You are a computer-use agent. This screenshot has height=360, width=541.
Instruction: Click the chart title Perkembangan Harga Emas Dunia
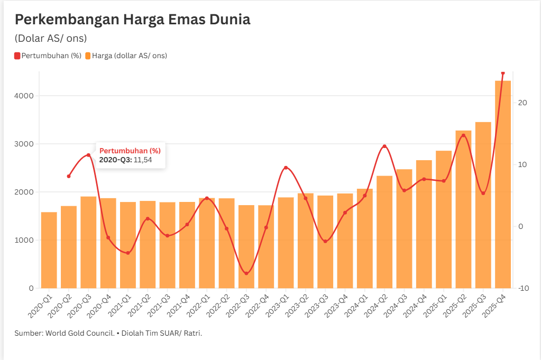pyautogui.click(x=132, y=20)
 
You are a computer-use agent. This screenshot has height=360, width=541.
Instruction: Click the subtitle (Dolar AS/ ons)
pyautogui.click(x=51, y=39)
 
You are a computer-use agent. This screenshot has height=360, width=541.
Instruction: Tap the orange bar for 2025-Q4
pyautogui.click(x=503, y=185)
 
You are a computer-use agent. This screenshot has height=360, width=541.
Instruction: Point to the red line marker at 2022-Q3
pyautogui.click(x=246, y=273)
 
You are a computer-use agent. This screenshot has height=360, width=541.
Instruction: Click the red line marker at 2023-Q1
pyautogui.click(x=286, y=168)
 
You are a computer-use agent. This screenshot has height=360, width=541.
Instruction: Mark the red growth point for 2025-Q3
pyautogui.click(x=483, y=193)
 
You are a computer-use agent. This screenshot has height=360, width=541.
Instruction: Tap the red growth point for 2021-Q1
pyautogui.click(x=128, y=253)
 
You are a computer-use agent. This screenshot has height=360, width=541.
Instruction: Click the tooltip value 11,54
pyautogui.click(x=143, y=160)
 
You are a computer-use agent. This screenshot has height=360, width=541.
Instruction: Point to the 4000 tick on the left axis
pyautogui.click(x=24, y=96)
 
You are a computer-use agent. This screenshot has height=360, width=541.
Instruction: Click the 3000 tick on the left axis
pyautogui.click(x=24, y=144)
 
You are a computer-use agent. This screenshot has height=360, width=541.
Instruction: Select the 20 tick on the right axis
pyautogui.click(x=522, y=103)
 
